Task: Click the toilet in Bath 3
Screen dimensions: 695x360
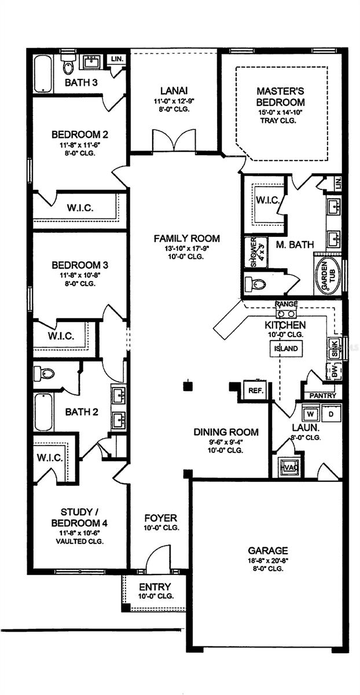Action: [x=68, y=67]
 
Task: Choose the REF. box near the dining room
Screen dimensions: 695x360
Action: [x=255, y=390]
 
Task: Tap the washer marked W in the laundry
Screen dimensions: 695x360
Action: [x=310, y=414]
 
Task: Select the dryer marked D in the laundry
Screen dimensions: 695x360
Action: [x=332, y=414]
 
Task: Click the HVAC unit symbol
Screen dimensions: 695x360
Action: [x=288, y=467]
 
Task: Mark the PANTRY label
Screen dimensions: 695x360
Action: [x=323, y=395]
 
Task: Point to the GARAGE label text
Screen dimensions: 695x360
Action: [x=267, y=550]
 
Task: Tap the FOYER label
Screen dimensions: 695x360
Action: [x=161, y=518]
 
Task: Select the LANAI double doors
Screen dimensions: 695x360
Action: [x=174, y=141]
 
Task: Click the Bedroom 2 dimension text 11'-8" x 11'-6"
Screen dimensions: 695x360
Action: [x=80, y=145]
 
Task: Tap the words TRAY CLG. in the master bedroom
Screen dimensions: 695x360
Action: [x=280, y=120]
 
